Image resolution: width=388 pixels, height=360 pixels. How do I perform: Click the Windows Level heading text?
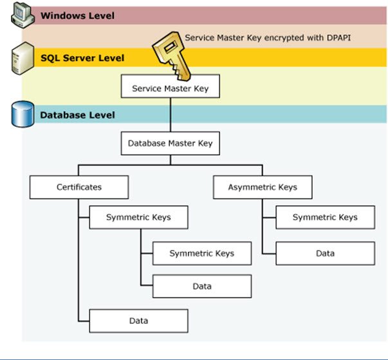[77, 16]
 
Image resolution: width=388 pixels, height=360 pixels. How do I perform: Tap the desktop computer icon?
[23, 15]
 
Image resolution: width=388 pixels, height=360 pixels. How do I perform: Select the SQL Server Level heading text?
[82, 58]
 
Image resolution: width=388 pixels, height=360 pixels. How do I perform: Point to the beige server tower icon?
[23, 59]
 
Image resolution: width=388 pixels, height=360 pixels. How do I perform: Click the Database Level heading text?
[77, 115]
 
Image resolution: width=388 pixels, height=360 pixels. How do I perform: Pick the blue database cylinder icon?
[23, 114]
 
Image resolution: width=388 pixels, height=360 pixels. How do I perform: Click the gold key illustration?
[172, 56]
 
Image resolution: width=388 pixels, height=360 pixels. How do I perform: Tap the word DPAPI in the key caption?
[338, 37]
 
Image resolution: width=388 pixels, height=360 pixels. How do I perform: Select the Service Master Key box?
[171, 86]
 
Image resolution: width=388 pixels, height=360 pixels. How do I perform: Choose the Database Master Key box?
[171, 144]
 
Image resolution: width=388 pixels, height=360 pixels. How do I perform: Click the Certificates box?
[79, 187]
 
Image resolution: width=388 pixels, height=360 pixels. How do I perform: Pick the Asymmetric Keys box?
[263, 187]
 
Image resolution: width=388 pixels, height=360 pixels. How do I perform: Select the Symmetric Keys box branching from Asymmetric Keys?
[326, 218]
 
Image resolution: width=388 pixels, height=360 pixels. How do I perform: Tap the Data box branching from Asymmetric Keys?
[326, 254]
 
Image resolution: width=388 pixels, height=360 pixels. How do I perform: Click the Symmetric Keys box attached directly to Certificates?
[138, 218]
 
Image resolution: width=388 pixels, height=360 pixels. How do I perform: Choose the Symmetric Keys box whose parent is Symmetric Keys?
[202, 254]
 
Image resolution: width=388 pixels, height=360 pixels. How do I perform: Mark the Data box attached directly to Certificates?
[138, 321]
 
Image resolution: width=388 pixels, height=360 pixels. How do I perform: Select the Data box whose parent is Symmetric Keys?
[202, 286]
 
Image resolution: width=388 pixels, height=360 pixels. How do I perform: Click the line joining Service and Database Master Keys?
[171, 115]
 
